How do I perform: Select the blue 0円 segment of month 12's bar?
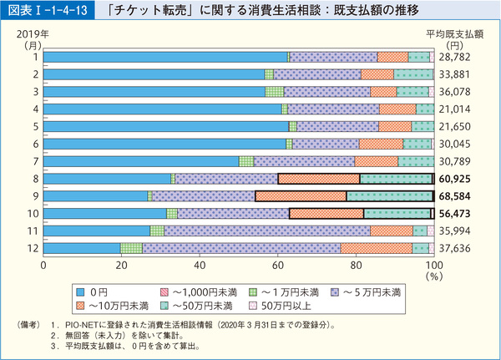click(81, 248)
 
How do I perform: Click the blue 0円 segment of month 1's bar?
click(164, 57)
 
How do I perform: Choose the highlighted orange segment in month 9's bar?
click(301, 196)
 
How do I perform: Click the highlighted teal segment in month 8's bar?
click(396, 179)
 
